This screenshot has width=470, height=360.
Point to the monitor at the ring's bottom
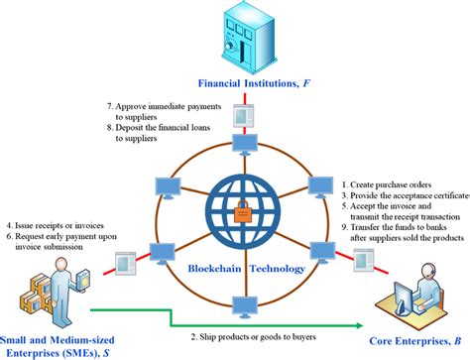click(x=242, y=304)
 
